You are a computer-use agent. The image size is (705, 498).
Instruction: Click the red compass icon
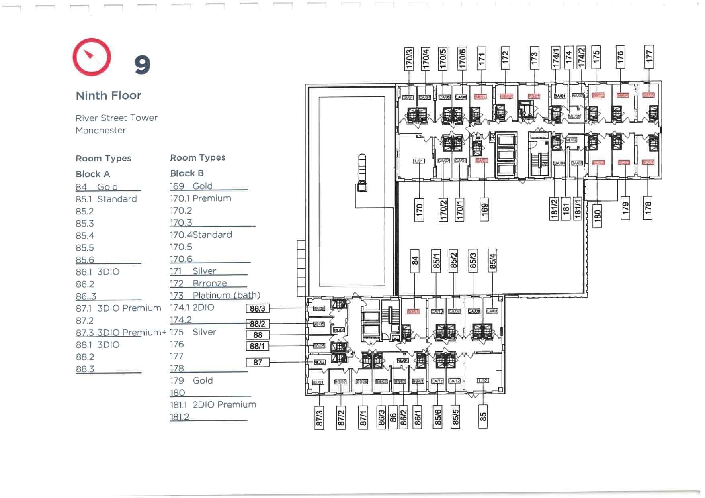coord(92,57)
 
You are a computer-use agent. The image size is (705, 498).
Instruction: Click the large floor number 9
coord(142,65)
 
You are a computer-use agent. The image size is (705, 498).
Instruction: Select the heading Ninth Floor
coord(109,96)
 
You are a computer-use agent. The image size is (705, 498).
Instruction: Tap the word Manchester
coord(100,131)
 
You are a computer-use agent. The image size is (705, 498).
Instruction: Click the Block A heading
coord(93,174)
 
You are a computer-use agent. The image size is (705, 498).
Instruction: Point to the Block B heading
coord(187,173)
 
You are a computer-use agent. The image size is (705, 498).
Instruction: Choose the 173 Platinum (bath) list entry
coord(215,296)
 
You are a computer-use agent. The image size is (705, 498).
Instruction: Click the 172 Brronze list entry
coord(199,284)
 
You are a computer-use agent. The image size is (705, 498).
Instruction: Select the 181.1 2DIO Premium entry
coord(213,405)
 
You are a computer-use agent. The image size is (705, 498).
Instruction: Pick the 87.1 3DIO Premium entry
coord(118,308)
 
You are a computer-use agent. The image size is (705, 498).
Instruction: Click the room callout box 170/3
coord(409,59)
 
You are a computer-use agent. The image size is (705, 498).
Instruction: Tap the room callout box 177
coord(649,56)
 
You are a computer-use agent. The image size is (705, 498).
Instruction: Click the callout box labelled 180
coord(597,215)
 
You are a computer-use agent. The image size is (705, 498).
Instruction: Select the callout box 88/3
coord(258,308)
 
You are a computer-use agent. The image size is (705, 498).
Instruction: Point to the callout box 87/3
coord(319,418)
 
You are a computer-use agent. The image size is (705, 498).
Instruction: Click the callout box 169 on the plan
coord(484,209)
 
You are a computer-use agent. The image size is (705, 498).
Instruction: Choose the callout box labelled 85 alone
coord(483,416)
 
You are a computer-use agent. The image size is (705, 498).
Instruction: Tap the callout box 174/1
coord(555,57)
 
